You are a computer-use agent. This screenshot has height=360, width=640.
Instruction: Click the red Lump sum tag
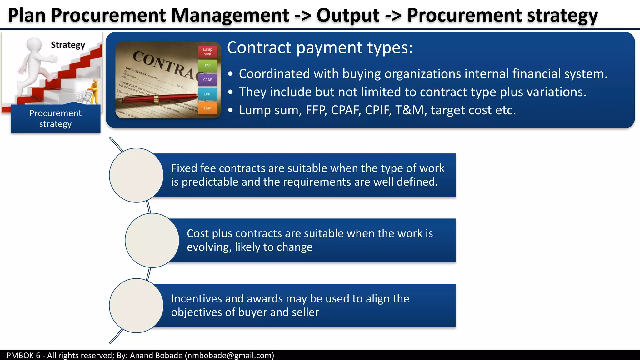[207, 52]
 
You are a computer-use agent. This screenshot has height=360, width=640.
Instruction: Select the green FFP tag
[207, 66]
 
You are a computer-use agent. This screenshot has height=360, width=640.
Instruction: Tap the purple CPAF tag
[207, 80]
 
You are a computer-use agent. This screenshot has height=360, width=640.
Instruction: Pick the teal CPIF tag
[207, 94]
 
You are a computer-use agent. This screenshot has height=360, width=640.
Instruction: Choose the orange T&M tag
[207, 108]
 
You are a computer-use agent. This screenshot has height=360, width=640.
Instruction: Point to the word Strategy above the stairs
[68, 45]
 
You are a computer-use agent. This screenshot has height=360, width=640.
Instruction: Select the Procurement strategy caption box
[56, 118]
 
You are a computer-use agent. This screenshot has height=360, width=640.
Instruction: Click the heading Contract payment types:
[320, 47]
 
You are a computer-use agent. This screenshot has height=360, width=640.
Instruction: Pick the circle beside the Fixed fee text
[136, 175]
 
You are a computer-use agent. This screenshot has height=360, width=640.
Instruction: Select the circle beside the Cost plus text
[152, 240]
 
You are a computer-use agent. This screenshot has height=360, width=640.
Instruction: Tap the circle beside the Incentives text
[136, 306]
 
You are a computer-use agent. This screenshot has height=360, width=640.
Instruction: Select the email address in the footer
[229, 355]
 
